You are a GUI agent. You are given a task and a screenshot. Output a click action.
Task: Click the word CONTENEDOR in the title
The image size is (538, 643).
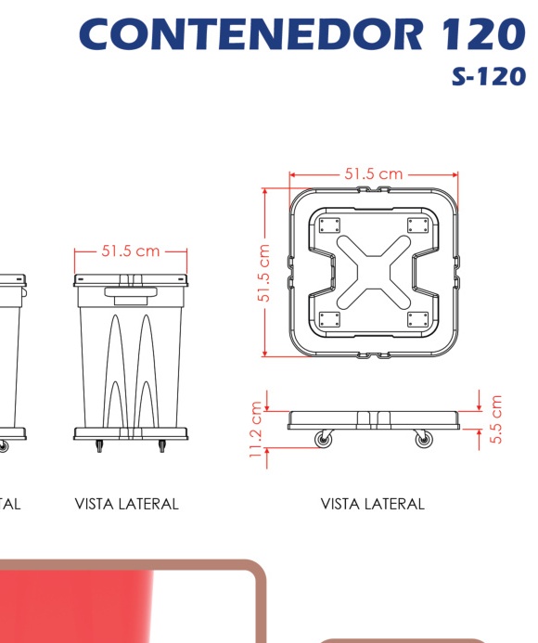[250, 34]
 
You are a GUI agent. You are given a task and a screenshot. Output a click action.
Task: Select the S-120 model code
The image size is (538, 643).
[489, 76]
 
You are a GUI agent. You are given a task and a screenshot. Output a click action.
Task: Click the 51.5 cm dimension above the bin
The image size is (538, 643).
[131, 251]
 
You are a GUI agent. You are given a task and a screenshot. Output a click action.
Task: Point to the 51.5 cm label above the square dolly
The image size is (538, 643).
[373, 174]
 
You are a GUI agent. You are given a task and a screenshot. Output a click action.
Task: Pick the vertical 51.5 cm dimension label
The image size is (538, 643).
[263, 273]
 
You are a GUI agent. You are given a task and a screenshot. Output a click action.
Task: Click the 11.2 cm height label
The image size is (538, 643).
[255, 430]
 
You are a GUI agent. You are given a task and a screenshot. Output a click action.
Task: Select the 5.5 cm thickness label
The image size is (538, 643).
[495, 419]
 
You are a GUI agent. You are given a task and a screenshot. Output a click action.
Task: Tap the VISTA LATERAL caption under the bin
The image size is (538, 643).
[127, 504]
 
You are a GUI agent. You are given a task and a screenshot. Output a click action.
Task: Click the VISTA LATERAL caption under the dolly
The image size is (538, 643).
[372, 504]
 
